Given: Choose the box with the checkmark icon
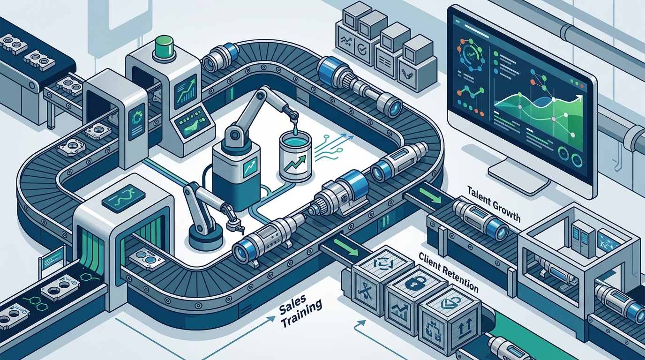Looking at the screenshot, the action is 361,50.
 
